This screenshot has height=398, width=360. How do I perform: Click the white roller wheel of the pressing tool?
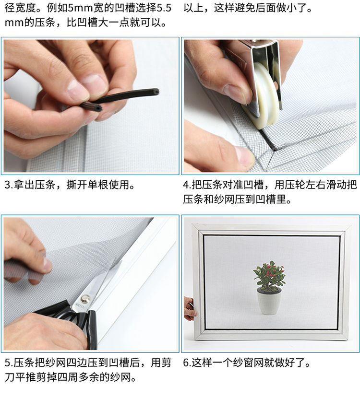coord(265,96)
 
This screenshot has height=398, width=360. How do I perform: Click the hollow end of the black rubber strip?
coord(156,92)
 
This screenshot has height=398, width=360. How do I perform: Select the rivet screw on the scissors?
coord(85,297)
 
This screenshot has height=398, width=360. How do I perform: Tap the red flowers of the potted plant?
coord(270,269)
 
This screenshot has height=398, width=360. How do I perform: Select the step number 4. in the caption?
coord(187,185)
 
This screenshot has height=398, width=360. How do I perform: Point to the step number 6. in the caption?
coord(187,363)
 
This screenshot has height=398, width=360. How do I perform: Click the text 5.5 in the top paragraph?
coord(164,8)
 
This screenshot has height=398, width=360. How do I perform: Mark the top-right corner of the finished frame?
coord(351,226)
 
